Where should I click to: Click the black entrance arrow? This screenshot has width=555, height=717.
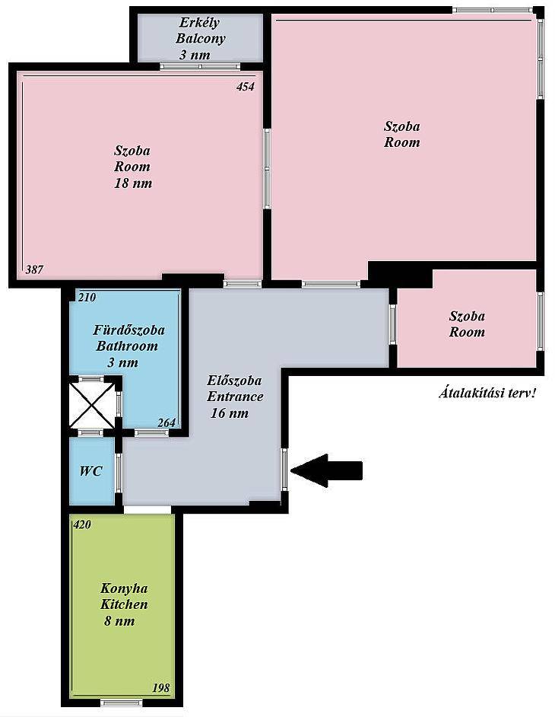point(327,470)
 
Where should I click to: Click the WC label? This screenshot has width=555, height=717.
point(91,471)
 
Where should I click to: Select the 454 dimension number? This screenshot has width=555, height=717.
point(246,87)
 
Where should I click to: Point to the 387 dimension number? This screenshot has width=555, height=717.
point(34,269)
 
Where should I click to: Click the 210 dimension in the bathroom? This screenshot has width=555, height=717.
point(87,297)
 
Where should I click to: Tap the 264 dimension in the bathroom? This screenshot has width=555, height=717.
point(166,423)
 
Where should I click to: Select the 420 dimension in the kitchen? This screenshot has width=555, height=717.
point(82,524)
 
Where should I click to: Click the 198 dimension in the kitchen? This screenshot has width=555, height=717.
point(160,688)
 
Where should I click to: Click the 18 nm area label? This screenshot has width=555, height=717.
point(133,183)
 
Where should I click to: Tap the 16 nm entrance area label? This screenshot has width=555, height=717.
point(230,413)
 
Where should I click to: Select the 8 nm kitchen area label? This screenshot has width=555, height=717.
point(119,621)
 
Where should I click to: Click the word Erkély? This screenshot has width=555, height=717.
point(200,23)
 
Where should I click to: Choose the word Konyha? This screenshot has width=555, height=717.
point(124,588)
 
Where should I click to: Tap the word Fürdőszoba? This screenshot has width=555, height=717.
point(128,330)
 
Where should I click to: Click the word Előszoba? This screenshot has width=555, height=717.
point(234,381)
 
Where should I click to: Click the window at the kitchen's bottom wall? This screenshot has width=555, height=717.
point(122,703)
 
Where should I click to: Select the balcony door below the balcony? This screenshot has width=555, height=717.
point(200,66)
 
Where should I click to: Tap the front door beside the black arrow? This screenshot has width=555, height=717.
point(284,470)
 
